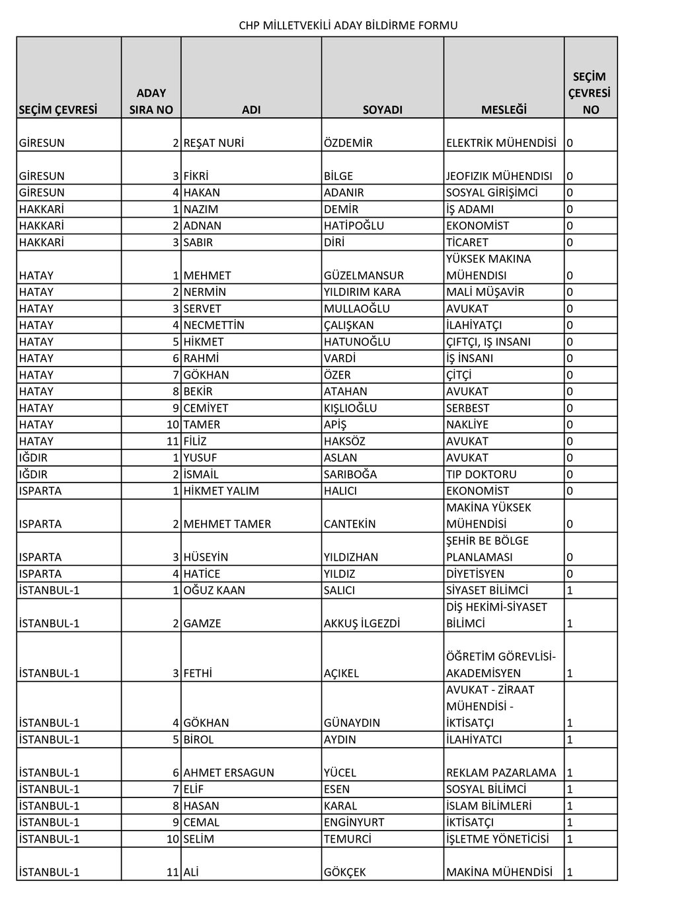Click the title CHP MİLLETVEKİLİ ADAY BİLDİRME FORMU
coord(348,26)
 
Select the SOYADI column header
coord(383,110)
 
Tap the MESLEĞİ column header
coord(504,110)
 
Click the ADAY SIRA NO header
coord(151,101)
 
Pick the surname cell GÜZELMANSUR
coord(364,275)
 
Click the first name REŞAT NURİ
coord(213,143)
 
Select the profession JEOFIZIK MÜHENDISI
coord(499,176)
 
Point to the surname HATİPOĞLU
coord(354,226)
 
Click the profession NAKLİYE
coord(467,425)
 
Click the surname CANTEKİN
coord(350,524)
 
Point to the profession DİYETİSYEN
coord(475,574)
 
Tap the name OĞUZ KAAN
coord(213,590)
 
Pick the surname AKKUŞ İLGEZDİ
coord(362,623)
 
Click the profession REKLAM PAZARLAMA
coord(501,772)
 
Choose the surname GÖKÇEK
coord(344,872)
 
